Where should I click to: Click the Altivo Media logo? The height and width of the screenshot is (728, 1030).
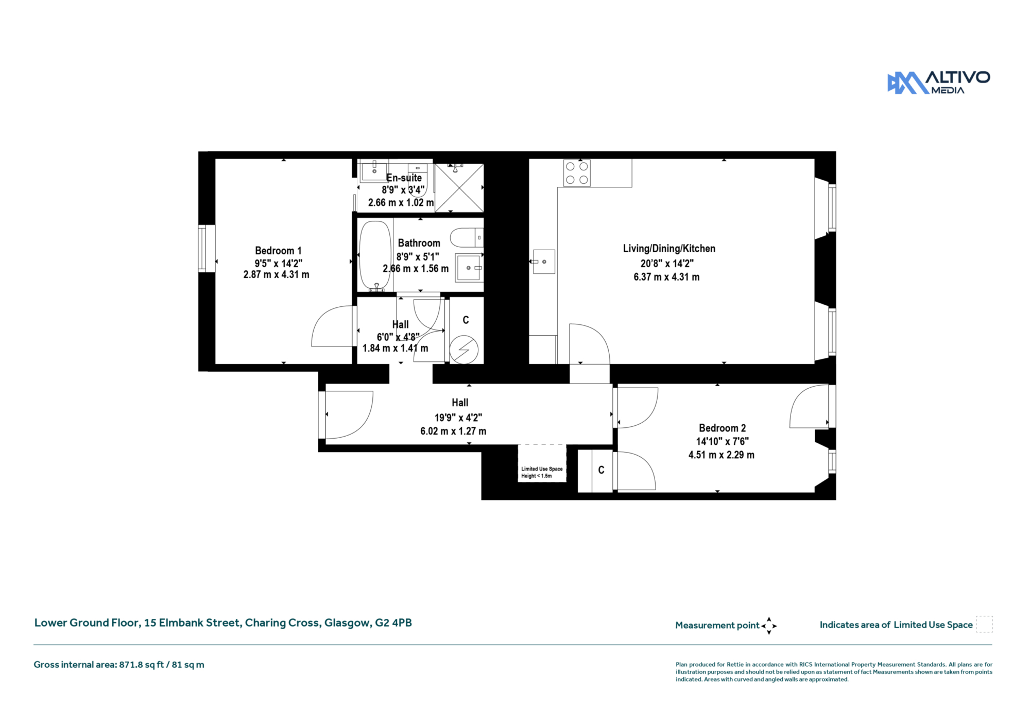pos(938,82)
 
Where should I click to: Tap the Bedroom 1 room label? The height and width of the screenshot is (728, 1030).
pos(278,251)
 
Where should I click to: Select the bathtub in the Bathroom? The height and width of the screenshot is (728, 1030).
pos(375,256)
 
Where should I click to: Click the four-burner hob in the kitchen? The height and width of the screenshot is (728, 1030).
pos(577,173)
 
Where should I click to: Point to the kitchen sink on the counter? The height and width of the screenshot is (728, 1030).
pos(544,262)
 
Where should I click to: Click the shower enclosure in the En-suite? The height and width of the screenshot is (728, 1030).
pos(459,187)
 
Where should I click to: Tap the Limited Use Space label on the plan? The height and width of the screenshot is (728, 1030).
pos(542,472)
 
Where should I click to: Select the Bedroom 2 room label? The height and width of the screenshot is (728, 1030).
pos(722,428)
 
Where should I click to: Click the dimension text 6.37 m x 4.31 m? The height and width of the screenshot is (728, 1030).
pos(666,277)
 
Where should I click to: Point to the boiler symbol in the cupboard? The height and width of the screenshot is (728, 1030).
pos(463,350)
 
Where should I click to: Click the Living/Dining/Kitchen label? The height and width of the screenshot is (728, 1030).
pos(669,249)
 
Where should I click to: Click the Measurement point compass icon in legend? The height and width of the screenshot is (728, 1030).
pos(769,626)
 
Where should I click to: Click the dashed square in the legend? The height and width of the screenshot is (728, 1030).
pos(984,624)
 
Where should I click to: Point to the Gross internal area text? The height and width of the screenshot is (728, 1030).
pos(119,665)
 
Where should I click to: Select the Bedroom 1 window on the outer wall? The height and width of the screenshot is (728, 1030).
pos(202,248)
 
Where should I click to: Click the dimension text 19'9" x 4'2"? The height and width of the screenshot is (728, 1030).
pos(458,418)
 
